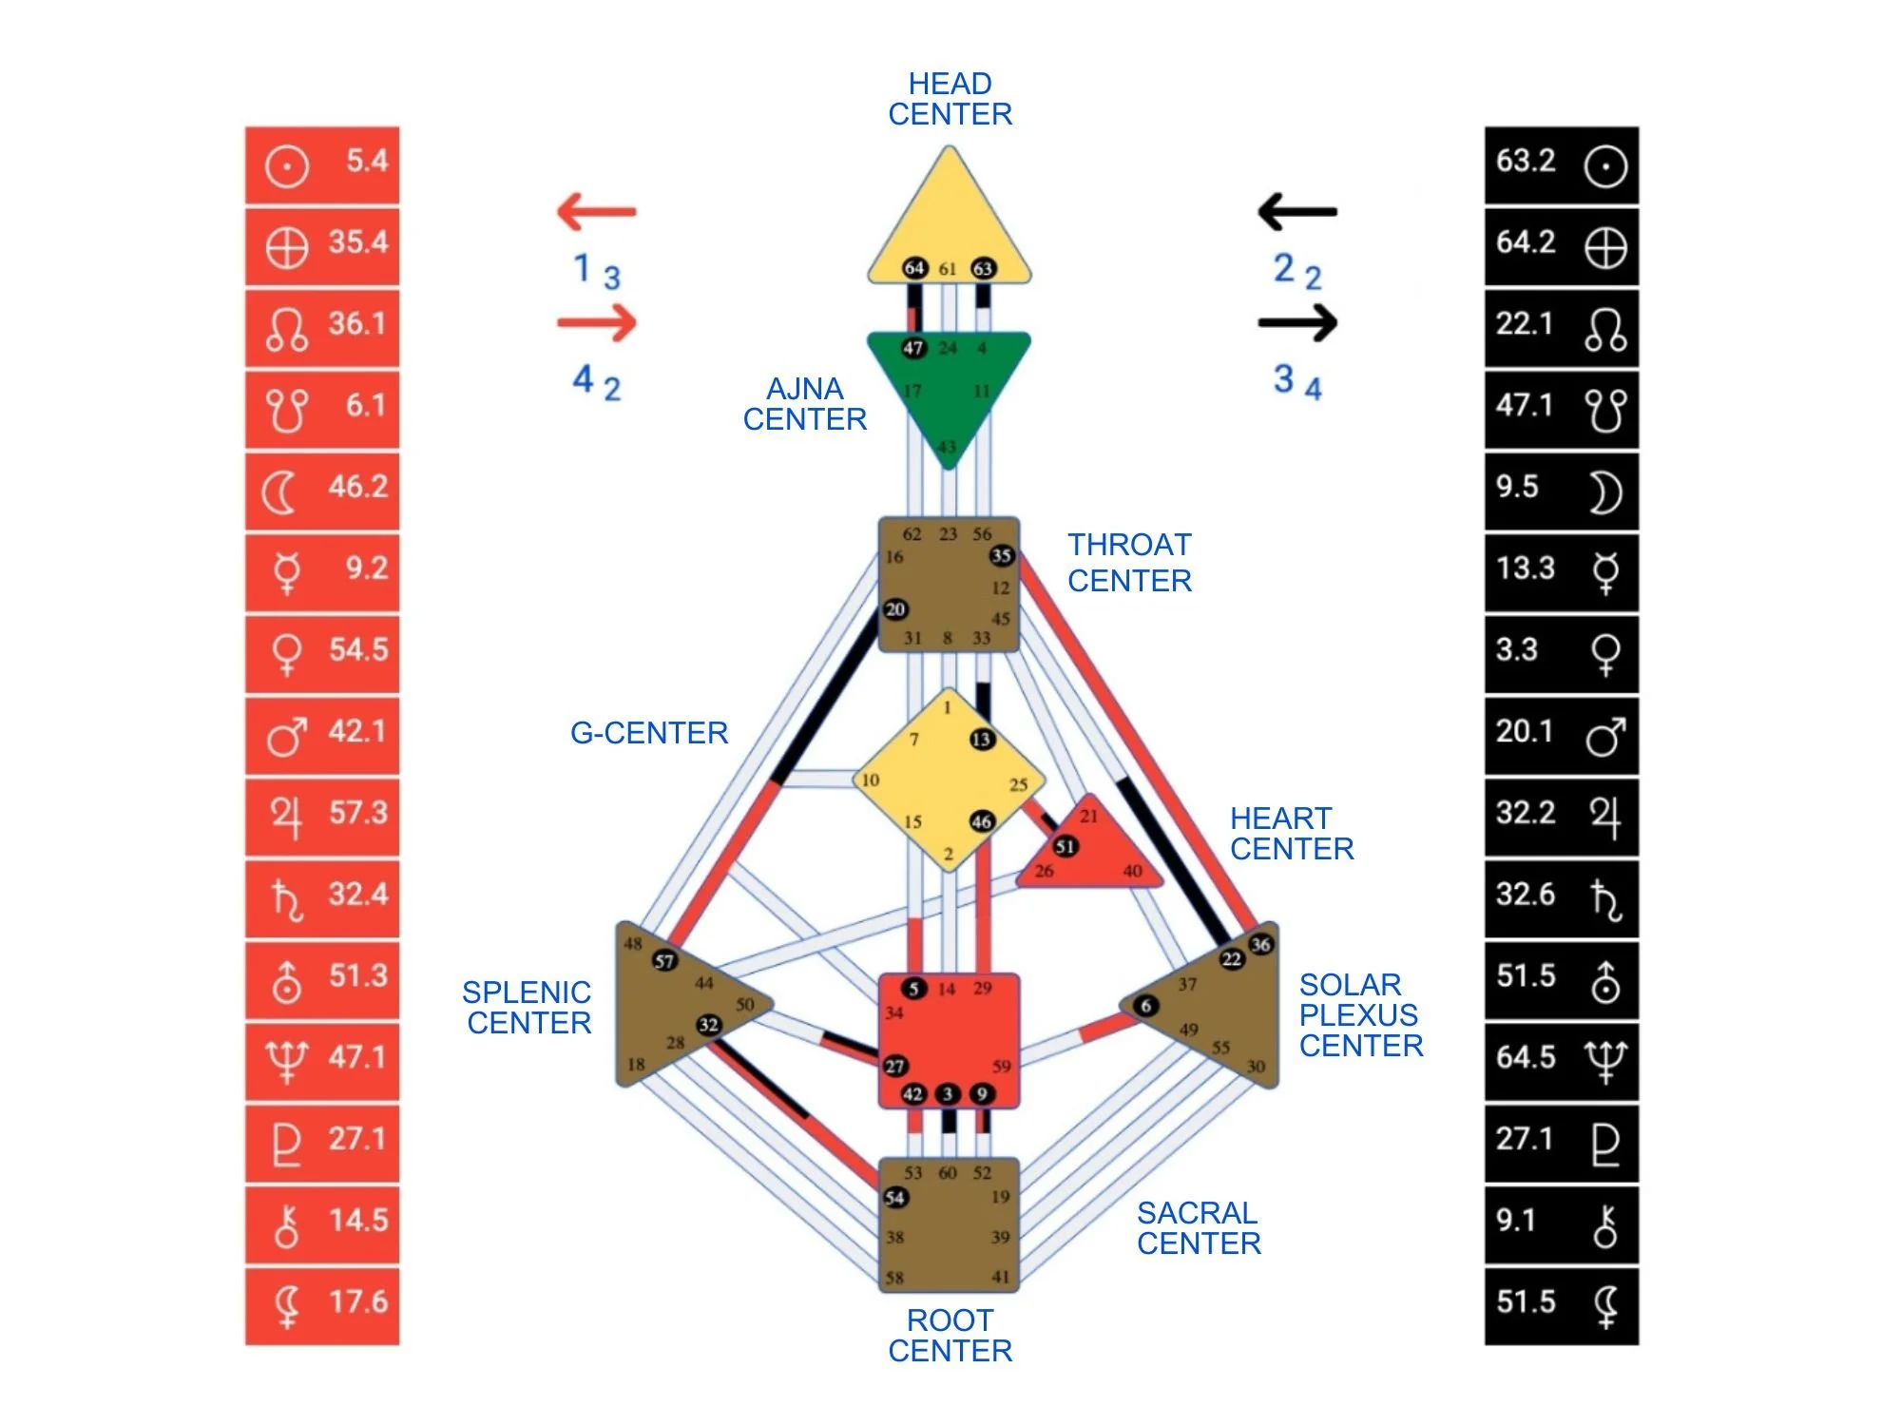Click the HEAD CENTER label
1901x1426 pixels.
pyautogui.click(x=950, y=99)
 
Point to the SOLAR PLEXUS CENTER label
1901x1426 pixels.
pyautogui.click(x=1360, y=1014)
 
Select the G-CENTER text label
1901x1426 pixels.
pyautogui.click(x=649, y=733)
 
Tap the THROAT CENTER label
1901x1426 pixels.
pyautogui.click(x=1129, y=563)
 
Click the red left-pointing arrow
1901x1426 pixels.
pyautogui.click(x=597, y=211)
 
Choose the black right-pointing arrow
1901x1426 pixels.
pyautogui.click(x=1297, y=323)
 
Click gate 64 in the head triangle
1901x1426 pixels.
pyautogui.click(x=914, y=268)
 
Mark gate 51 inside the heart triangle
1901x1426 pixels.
pyautogui.click(x=1066, y=846)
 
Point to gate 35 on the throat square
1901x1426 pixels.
pyautogui.click(x=1001, y=555)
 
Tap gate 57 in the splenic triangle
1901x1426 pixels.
pyautogui.click(x=664, y=961)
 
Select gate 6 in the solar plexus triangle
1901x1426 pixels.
pyautogui.click(x=1146, y=1006)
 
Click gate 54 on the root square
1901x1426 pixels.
pyautogui.click(x=894, y=1198)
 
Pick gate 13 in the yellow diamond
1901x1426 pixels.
pyautogui.click(x=982, y=740)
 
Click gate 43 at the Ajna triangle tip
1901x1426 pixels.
pyautogui.click(x=948, y=447)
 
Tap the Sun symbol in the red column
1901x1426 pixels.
pyautogui.click(x=286, y=166)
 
